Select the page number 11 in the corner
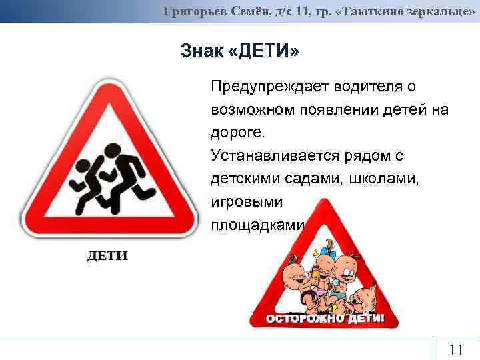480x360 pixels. pyautogui.click(x=456, y=350)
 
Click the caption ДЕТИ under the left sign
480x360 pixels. pyautogui.click(x=107, y=257)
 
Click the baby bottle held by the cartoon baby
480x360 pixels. pyautogui.click(x=315, y=271)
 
